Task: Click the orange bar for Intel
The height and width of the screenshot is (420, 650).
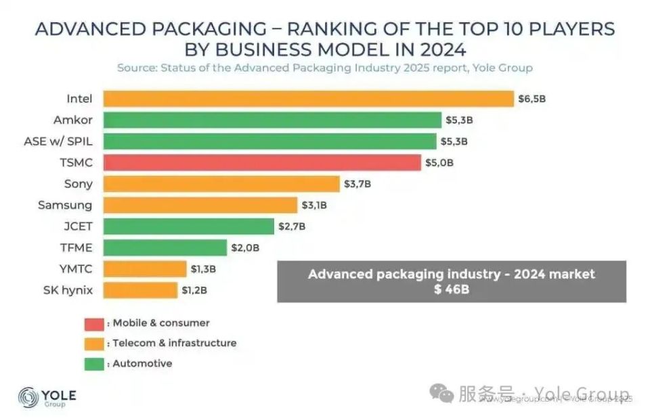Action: tap(308, 99)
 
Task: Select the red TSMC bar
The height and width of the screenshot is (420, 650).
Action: tap(262, 162)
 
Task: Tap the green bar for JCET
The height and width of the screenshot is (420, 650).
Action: tap(188, 226)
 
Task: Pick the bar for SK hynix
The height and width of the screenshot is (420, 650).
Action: tap(140, 290)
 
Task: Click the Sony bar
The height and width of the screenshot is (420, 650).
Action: tap(221, 184)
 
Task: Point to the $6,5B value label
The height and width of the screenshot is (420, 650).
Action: tap(532, 99)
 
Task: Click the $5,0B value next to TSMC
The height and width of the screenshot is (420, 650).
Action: tap(439, 162)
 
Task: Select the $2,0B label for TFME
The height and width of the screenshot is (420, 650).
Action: tap(245, 248)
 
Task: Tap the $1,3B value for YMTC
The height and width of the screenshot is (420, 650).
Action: tap(203, 269)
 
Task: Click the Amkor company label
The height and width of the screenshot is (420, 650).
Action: tap(72, 120)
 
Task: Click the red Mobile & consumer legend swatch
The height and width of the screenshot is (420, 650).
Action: tap(94, 323)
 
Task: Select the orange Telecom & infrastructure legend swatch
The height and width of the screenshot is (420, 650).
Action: tap(94, 344)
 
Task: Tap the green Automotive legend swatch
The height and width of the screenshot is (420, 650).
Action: tap(94, 364)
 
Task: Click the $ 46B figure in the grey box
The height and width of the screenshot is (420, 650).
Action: tap(451, 289)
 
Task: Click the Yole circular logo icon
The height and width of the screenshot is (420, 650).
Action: tap(29, 397)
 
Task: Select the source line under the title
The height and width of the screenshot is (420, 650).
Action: tap(324, 68)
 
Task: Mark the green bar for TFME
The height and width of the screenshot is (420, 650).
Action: tap(165, 248)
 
